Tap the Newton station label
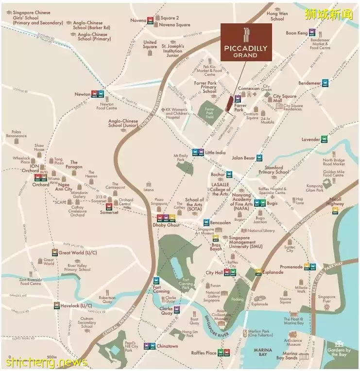tap(82, 94)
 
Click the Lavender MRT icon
tap(324, 139)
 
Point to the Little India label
tap(215, 152)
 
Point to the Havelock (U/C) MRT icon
tap(57, 305)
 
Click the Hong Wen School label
tap(277, 17)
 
